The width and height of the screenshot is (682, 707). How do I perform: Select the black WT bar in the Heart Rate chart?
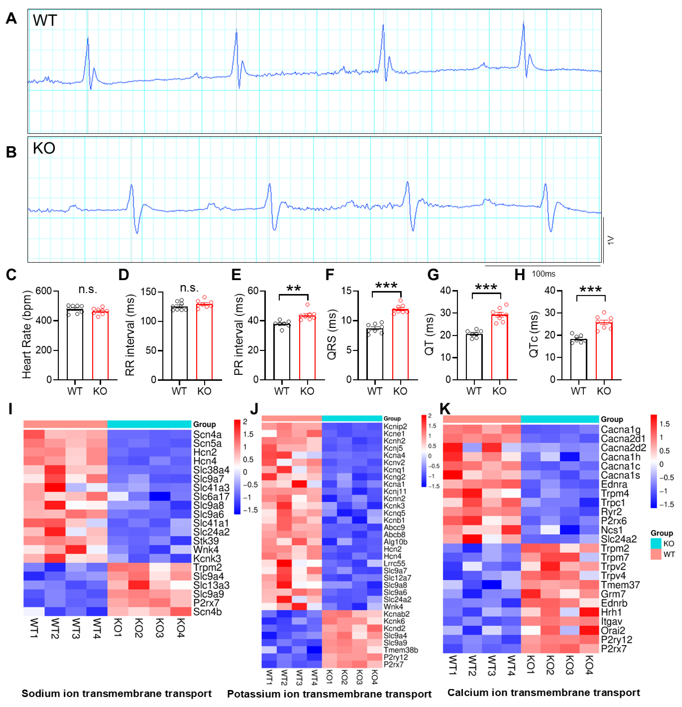[75, 345]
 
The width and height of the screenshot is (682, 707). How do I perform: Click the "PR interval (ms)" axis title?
[238, 334]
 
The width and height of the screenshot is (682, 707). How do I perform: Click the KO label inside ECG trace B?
[44, 148]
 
